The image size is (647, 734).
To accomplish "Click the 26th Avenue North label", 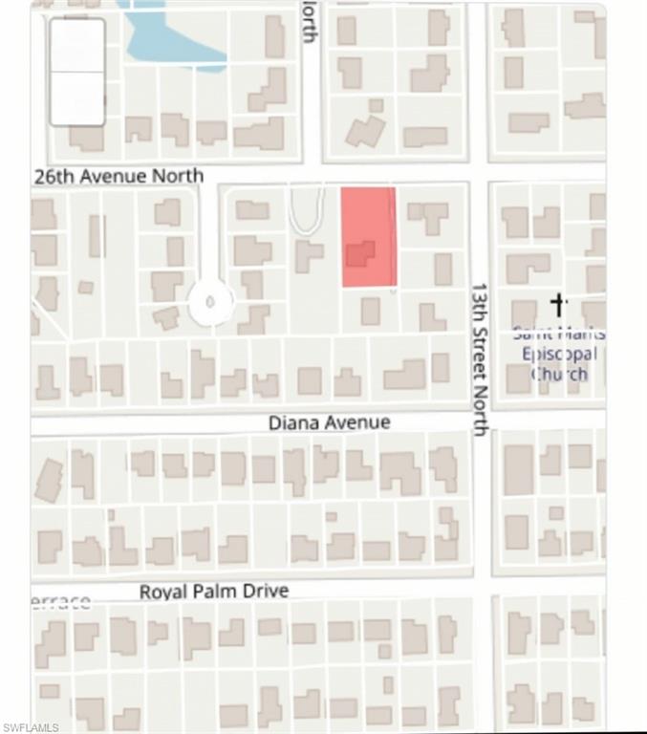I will pyautogui.click(x=119, y=176).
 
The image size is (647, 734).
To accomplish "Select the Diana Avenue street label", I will pyautogui.click(x=329, y=421).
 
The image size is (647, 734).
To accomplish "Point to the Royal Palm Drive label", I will pyautogui.click(x=214, y=592).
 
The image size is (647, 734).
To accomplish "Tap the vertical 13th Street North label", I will pyautogui.click(x=481, y=358).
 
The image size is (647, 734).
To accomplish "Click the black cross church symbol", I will pyautogui.click(x=560, y=305).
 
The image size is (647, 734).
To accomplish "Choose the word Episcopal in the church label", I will pyautogui.click(x=559, y=354).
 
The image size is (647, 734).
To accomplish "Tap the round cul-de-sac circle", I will pyautogui.click(x=211, y=303).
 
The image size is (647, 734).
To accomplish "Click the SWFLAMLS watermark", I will pyautogui.click(x=30, y=727).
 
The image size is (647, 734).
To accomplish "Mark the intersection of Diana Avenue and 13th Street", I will pyautogui.click(x=483, y=421).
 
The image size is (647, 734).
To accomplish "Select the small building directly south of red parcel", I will pyautogui.click(x=370, y=311).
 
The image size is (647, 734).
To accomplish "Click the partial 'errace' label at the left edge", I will pyautogui.click(x=61, y=601).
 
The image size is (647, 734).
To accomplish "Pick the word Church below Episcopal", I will pyautogui.click(x=559, y=374).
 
